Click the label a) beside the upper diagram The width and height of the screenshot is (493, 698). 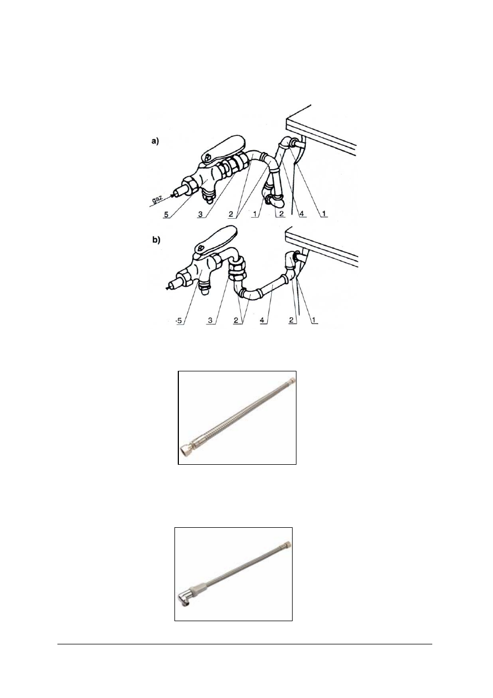[155, 141]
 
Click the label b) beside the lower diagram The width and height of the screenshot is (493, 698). [156, 240]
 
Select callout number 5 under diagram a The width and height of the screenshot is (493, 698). [166, 214]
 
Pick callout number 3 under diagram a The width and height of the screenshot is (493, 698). [200, 214]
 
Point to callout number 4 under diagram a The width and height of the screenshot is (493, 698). [301, 214]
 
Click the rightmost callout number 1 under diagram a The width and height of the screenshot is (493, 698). [324, 214]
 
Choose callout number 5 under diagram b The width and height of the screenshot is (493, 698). [179, 321]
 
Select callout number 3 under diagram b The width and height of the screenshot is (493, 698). [210, 321]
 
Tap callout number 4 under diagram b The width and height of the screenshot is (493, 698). [263, 321]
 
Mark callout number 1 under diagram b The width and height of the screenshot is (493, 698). [314, 320]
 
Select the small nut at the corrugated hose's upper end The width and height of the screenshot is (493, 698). [292, 380]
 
